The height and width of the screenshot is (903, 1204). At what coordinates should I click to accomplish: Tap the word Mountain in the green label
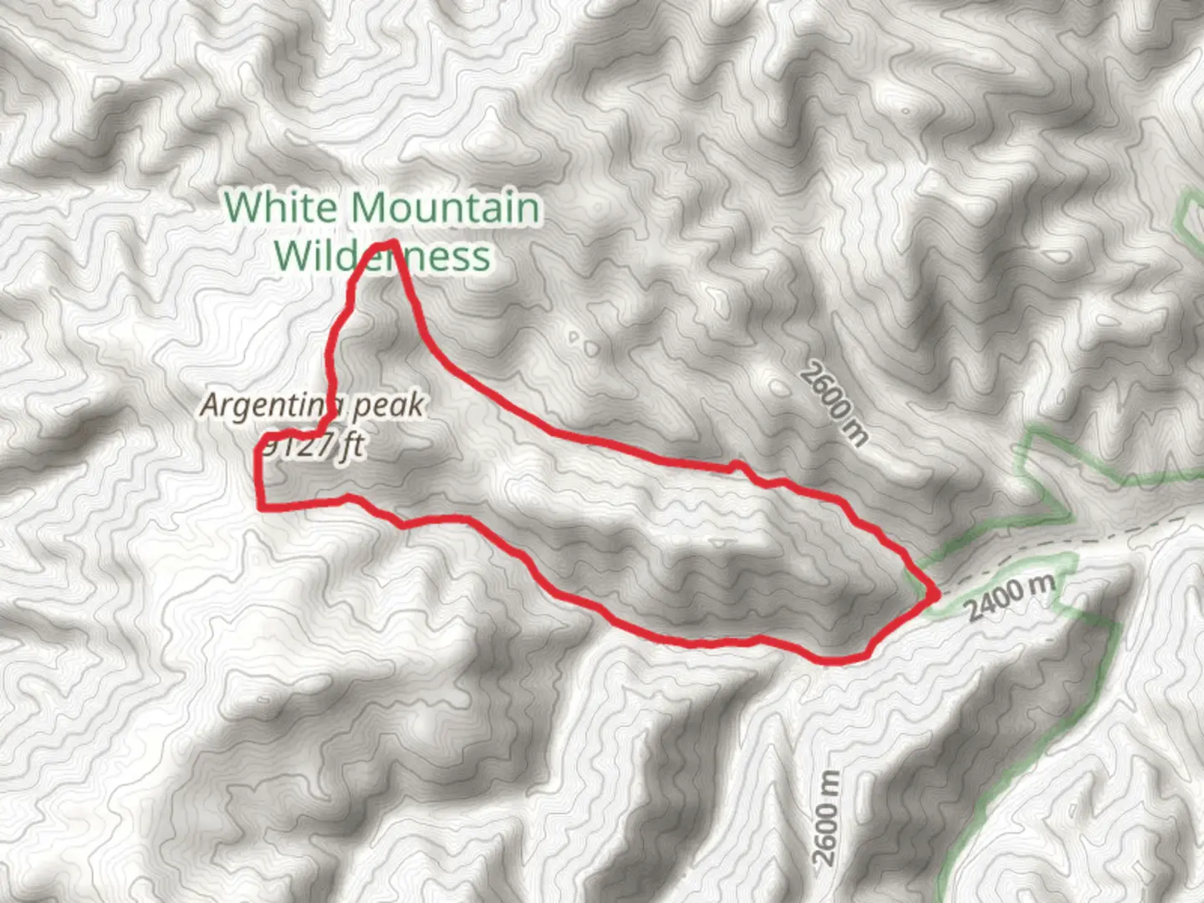pyautogui.click(x=445, y=207)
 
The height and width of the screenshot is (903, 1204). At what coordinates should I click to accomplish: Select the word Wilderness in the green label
pyautogui.click(x=382, y=256)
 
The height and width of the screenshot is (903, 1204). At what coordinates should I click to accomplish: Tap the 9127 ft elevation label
pyautogui.click(x=311, y=446)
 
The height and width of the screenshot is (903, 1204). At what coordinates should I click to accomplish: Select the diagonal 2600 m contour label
pyautogui.click(x=833, y=402)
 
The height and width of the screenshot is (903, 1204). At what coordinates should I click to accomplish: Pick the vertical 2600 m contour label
pyautogui.click(x=825, y=818)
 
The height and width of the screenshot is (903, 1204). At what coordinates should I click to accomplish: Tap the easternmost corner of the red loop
pyautogui.click(x=935, y=594)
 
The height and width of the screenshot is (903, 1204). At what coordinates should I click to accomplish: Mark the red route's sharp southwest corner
pyautogui.click(x=262, y=506)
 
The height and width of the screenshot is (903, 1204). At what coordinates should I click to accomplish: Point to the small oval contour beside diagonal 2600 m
pyautogui.click(x=778, y=387)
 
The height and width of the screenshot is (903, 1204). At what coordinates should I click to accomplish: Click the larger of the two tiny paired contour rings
pyautogui.click(x=591, y=347)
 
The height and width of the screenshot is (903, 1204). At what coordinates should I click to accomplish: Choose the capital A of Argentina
pyautogui.click(x=212, y=406)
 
